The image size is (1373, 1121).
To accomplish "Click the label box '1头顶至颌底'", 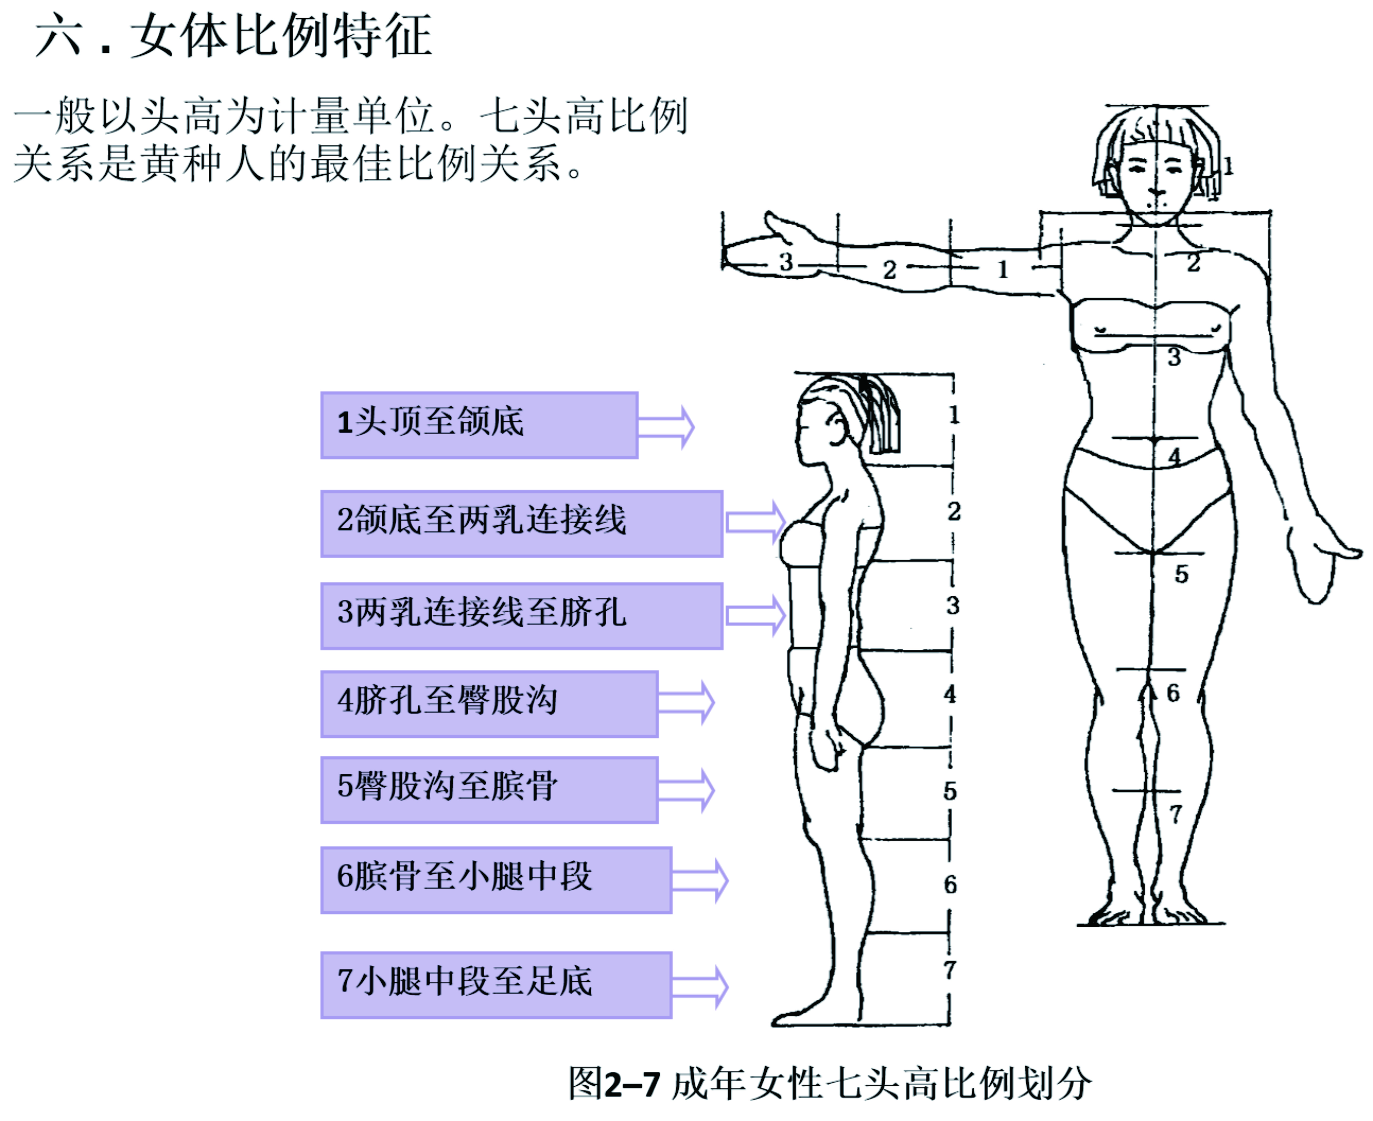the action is (479, 425).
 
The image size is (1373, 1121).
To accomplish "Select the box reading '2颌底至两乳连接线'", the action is (521, 523).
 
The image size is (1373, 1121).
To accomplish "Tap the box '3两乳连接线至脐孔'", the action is (521, 616).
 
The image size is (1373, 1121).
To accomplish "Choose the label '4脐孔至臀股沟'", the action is (489, 703).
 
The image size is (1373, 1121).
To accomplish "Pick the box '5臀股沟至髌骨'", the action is (489, 789).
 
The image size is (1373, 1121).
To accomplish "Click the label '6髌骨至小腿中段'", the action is (496, 880).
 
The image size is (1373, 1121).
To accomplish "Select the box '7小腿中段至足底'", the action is (496, 985).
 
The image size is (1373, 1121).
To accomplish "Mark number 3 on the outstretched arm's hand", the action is (785, 262).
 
